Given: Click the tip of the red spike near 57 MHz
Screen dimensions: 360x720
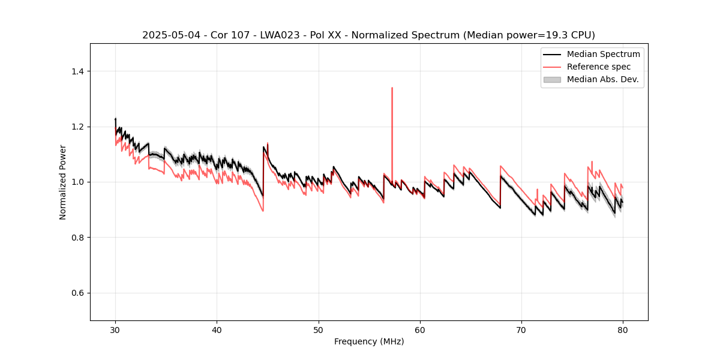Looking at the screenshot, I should (x=392, y=88).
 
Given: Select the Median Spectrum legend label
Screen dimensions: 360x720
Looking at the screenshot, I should (x=603, y=54).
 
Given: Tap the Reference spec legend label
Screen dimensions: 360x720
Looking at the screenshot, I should (x=598, y=67).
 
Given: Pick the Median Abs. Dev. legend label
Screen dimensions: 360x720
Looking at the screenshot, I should (x=602, y=79).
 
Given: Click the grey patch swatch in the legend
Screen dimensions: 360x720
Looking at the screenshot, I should (x=552, y=79).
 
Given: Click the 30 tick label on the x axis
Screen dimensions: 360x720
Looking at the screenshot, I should (x=115, y=330).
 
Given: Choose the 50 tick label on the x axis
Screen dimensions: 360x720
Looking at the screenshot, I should (x=319, y=330).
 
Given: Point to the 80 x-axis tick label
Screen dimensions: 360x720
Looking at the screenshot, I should (x=623, y=330).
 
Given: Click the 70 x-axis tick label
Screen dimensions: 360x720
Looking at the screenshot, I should (x=521, y=330).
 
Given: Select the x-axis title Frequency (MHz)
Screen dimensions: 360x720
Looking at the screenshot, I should (x=369, y=341).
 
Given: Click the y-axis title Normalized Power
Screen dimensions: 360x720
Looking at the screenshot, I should (x=63, y=182).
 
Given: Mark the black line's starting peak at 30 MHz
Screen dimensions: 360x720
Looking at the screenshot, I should (x=115, y=119).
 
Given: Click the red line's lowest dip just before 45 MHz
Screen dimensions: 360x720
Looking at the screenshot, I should (x=263, y=211).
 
